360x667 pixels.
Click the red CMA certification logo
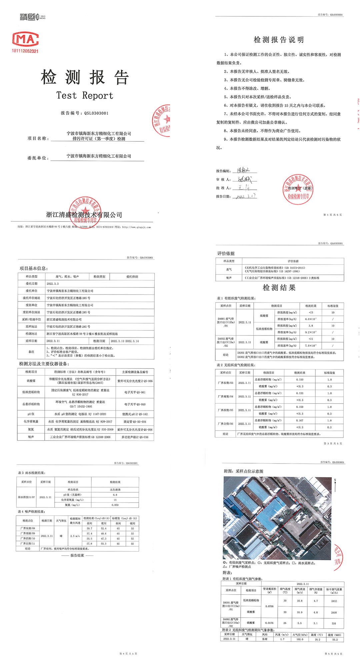[x=25, y=39]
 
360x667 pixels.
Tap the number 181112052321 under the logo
[x=25, y=51]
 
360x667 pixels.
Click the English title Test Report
[x=85, y=96]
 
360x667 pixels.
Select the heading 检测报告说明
[x=279, y=40]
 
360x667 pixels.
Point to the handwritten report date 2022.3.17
[x=245, y=196]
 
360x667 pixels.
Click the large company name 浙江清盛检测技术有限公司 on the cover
[x=84, y=215]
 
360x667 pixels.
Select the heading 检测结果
[x=279, y=288]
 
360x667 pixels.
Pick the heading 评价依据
[x=226, y=253]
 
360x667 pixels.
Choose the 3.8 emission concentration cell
[x=310, y=325]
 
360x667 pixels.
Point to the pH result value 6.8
[x=115, y=495]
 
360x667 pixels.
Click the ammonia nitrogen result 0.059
[x=115, y=505]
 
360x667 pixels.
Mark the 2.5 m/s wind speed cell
[x=75, y=536]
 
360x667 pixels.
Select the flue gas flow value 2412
[x=334, y=601]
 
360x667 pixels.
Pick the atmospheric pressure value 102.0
[x=300, y=639]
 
